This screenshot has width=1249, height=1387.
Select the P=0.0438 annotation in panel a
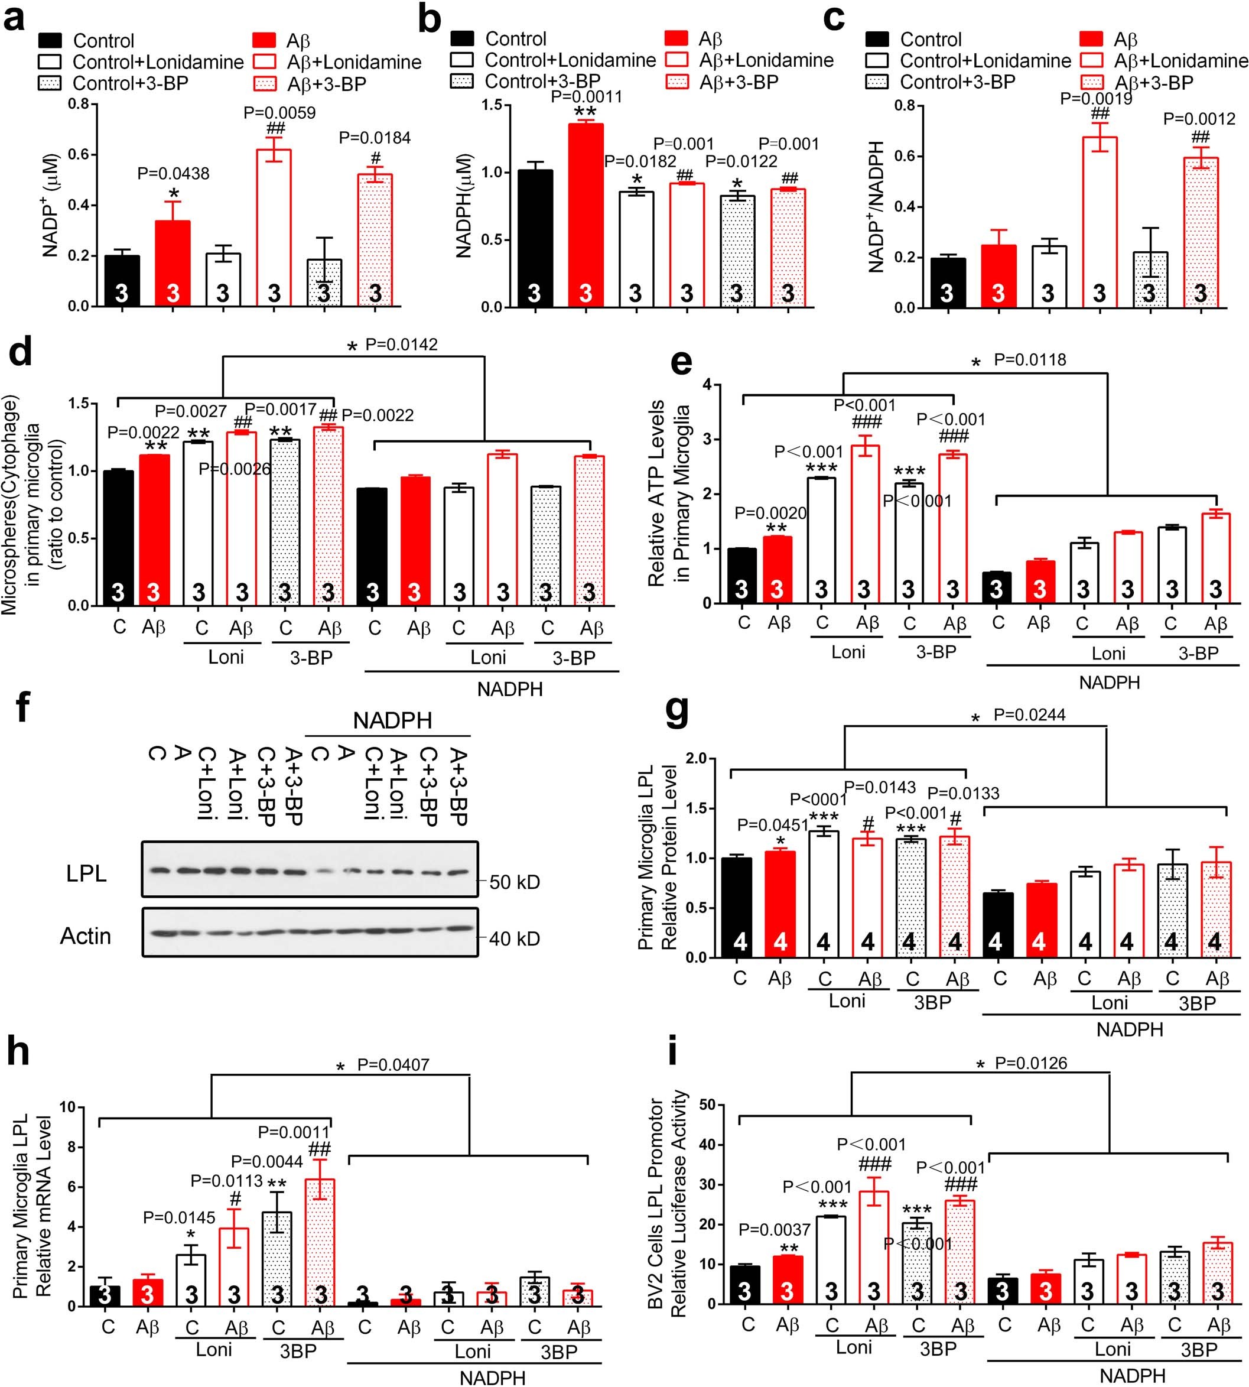click(x=173, y=174)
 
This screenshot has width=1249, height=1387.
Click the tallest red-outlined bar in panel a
click(x=274, y=226)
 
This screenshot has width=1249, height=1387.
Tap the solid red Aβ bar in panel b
click(x=586, y=213)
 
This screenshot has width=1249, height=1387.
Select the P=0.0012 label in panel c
click(x=1199, y=119)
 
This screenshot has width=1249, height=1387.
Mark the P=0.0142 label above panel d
click(x=401, y=345)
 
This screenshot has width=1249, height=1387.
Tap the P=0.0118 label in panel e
click(x=1029, y=360)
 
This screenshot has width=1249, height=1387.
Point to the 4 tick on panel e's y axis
click(x=706, y=384)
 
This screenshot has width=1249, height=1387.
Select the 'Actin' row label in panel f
click(x=85, y=936)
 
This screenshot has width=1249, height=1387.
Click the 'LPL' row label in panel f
click(x=86, y=873)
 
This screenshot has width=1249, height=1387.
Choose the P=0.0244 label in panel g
click(x=1029, y=715)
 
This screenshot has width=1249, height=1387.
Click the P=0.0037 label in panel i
click(x=774, y=1229)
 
